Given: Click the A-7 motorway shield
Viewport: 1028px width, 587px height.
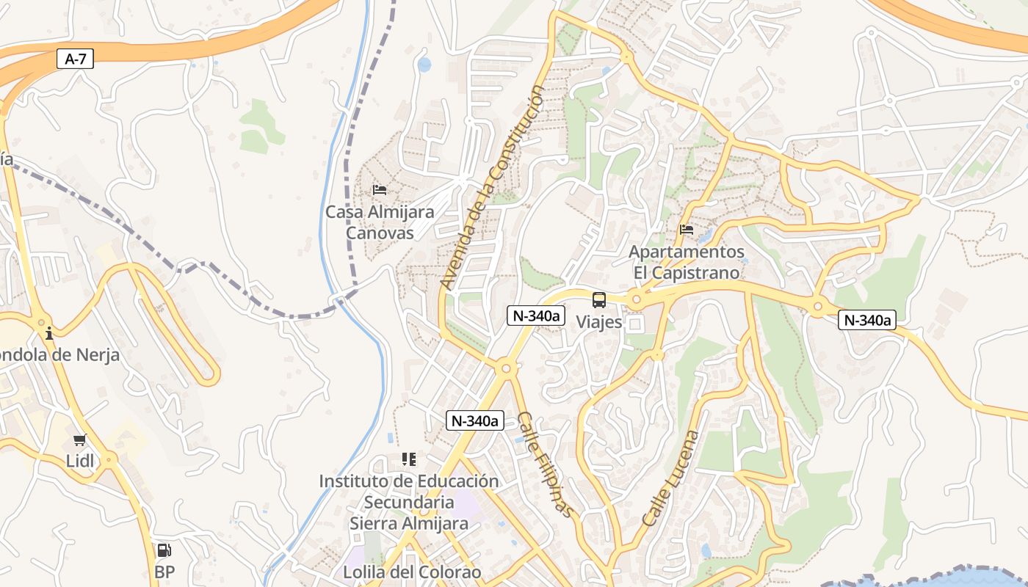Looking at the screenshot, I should coord(76,59).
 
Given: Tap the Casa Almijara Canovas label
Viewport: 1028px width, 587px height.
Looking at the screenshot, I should coord(380,222).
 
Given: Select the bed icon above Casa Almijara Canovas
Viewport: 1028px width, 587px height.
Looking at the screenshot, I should coord(380,190).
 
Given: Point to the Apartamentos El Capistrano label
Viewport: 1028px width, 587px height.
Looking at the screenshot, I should coord(687,262).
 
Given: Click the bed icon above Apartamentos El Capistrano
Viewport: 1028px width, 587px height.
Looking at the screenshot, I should coord(687,230).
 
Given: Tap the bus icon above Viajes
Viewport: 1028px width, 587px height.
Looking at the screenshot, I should coord(599,299).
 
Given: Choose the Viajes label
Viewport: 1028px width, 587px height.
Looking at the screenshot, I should coord(599,321).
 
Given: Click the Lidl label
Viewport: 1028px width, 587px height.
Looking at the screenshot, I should coord(79,461).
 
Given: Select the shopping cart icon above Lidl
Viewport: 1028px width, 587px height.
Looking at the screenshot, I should coord(79,440).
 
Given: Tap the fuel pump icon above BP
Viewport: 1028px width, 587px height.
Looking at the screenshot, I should coord(164,550).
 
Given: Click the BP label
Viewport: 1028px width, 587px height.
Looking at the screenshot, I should coord(164,572).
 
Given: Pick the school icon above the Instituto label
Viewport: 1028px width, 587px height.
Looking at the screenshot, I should coord(408,459).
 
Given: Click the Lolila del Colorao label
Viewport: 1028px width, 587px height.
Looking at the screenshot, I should coord(412,572).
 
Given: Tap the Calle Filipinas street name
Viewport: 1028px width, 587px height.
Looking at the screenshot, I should coord(544,464).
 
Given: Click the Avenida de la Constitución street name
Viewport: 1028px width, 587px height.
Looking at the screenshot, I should coord(493,187).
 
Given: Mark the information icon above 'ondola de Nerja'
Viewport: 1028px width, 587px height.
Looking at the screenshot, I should coord(49,333).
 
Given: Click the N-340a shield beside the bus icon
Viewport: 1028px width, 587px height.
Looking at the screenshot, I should coord(536,316).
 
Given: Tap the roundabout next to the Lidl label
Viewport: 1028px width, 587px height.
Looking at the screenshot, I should coord(109,460).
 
